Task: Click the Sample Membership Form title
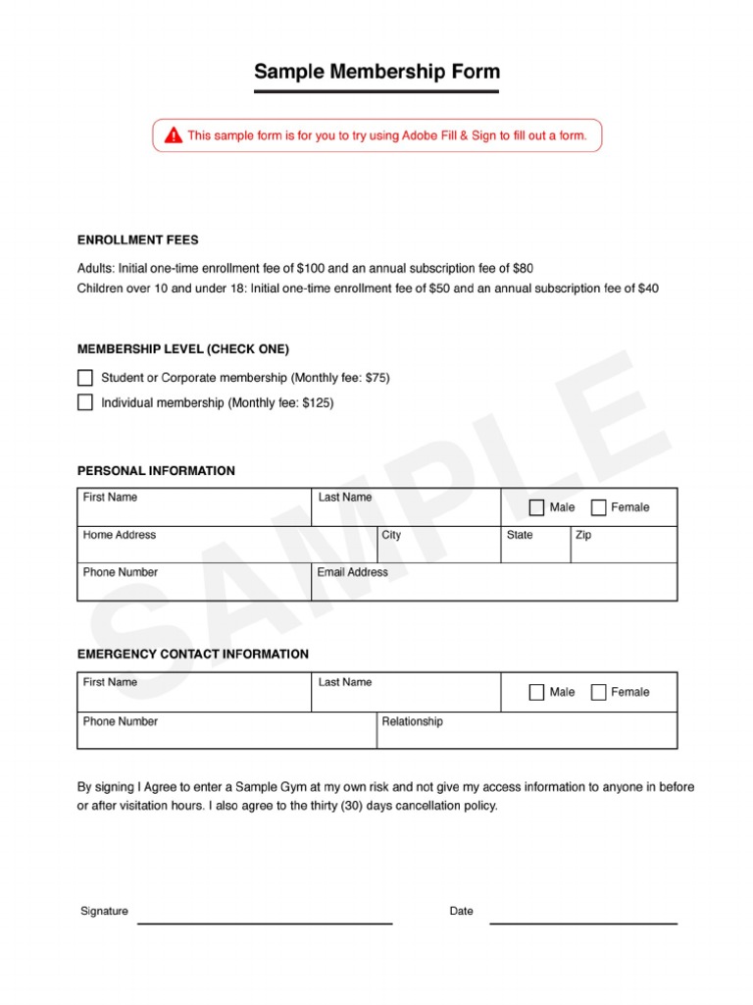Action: (376, 72)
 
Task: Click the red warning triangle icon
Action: (174, 135)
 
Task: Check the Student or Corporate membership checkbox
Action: (85, 378)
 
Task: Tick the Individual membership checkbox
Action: (85, 402)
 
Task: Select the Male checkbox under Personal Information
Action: (536, 507)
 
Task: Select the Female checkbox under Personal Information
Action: (598, 507)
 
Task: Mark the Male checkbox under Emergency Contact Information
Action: (536, 692)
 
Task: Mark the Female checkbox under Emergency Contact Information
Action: (598, 692)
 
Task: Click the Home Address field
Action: (226, 549)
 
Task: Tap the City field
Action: (438, 549)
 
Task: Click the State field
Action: (535, 549)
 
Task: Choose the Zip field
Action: (624, 549)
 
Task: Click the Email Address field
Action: (493, 586)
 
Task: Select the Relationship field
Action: (527, 734)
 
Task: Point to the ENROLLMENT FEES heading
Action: (137, 239)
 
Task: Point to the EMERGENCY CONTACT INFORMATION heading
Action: (192, 654)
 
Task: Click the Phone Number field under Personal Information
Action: (193, 586)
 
